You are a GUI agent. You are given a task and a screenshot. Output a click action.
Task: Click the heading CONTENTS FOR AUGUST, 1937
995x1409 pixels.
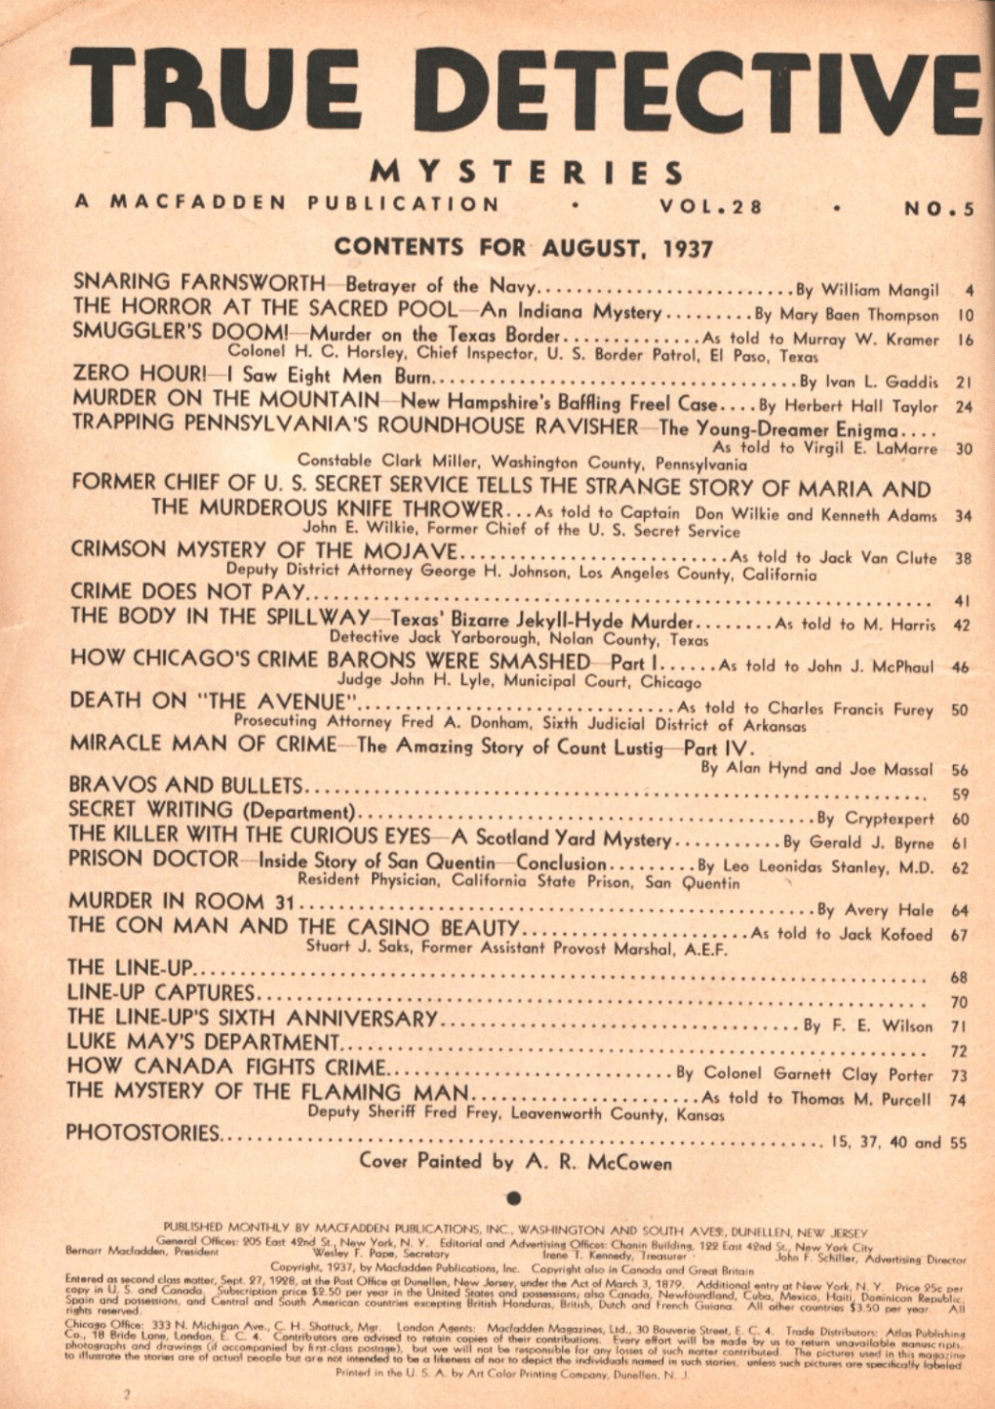click(523, 248)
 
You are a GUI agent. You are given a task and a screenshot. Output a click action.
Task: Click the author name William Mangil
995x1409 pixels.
click(881, 290)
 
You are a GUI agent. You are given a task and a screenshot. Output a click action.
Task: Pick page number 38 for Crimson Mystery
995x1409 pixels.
click(962, 559)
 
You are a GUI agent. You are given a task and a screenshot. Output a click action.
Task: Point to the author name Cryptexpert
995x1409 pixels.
click(889, 819)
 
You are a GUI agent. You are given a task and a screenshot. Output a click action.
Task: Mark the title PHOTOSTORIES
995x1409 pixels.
click(142, 1133)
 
